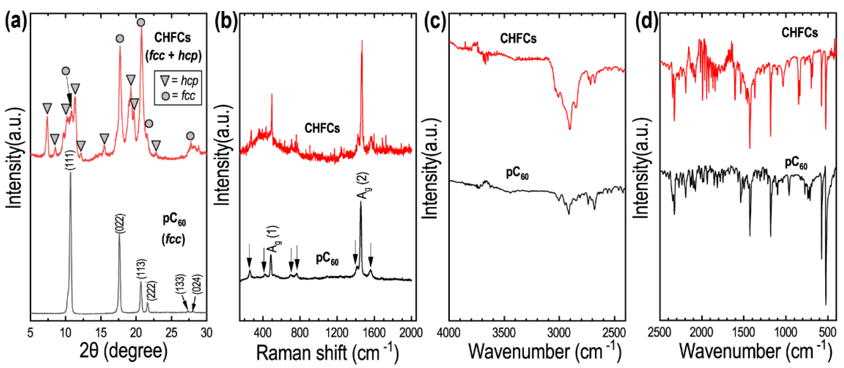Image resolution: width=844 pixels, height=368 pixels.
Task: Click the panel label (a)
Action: click(x=15, y=22)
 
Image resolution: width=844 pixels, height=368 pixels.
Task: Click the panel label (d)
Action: click(x=646, y=22)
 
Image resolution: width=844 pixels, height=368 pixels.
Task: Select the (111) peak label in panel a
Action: click(x=71, y=160)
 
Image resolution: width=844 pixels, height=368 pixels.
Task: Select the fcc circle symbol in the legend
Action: click(x=166, y=96)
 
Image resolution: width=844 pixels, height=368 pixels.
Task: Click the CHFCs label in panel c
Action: click(x=518, y=39)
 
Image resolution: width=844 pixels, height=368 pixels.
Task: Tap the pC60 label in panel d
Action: click(x=796, y=164)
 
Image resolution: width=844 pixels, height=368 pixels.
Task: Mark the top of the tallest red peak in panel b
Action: click(x=362, y=41)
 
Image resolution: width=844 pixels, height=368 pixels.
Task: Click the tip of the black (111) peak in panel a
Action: click(x=71, y=172)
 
